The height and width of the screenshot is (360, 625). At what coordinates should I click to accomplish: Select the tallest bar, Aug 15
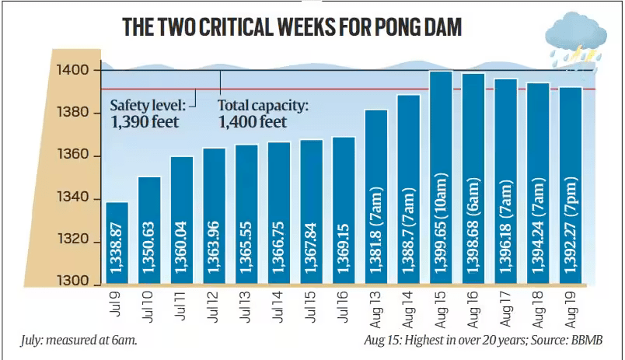[441, 179]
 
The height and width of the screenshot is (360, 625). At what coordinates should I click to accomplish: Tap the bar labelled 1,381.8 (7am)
[375, 198]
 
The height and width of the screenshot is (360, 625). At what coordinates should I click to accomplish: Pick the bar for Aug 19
[570, 187]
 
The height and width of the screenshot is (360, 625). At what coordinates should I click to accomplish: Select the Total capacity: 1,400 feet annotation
[263, 114]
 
